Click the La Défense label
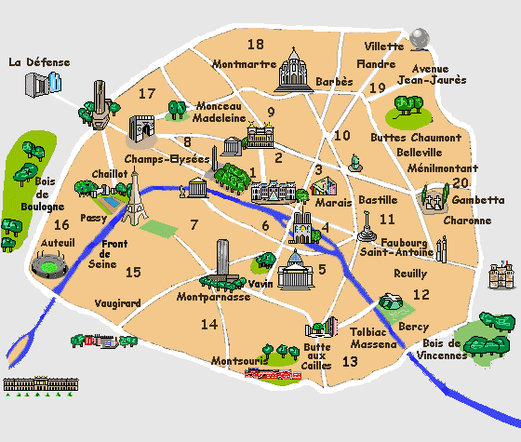click(38, 62)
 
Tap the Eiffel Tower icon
click(134, 197)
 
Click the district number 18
click(255, 45)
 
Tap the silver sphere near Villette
click(420, 37)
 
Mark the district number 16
click(61, 224)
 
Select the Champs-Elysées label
click(167, 159)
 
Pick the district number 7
click(194, 224)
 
